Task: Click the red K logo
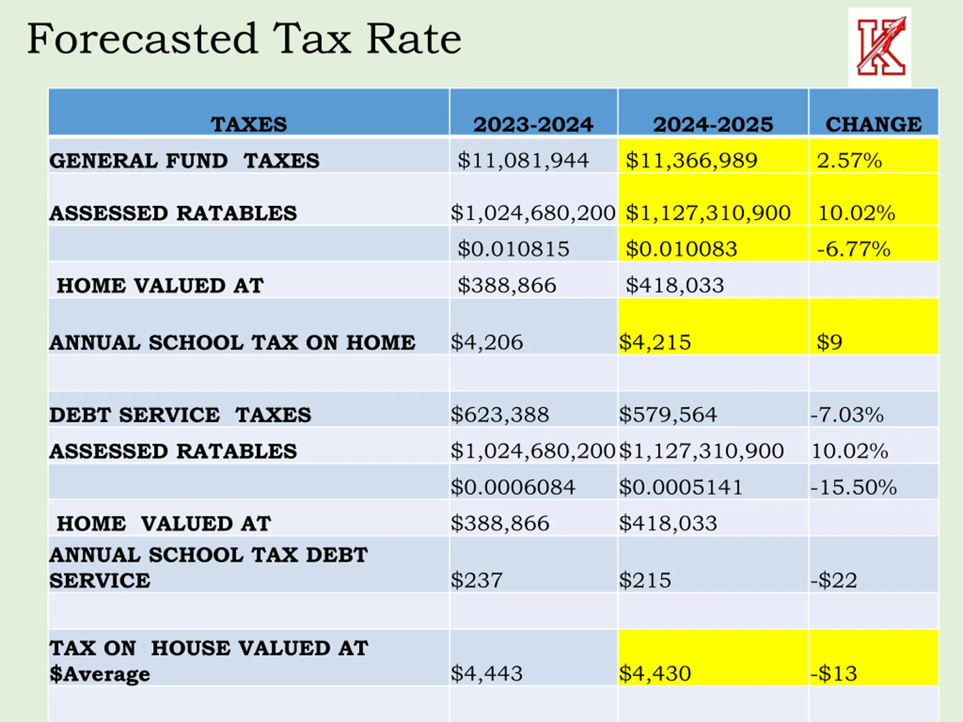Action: point(879,47)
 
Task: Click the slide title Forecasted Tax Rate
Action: point(244,39)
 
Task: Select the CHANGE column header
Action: point(873,124)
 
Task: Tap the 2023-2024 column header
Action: point(533,124)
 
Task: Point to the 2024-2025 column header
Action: point(713,124)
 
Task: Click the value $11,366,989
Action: point(691,161)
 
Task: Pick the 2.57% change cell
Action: point(849,161)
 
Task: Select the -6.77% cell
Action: point(853,249)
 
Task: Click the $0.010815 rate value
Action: point(513,249)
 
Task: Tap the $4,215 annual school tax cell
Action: point(655,342)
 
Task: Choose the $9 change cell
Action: point(829,342)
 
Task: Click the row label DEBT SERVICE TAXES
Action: point(180,415)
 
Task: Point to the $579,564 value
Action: point(668,414)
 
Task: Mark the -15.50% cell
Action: point(853,487)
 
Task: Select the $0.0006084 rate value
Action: point(513,487)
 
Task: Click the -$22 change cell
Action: point(834,580)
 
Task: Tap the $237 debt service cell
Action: point(477,580)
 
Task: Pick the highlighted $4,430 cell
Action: point(655,673)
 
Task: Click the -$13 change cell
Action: point(834,673)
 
